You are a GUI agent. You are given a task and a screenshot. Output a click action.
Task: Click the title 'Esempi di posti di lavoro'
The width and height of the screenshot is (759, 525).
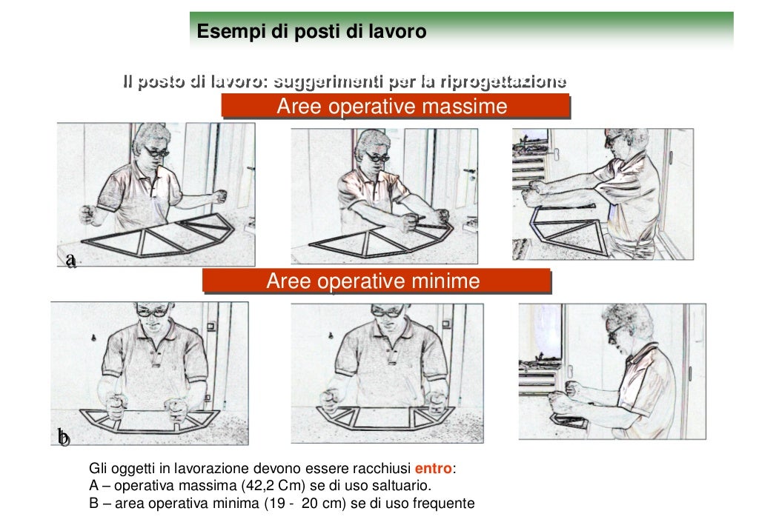click(x=311, y=33)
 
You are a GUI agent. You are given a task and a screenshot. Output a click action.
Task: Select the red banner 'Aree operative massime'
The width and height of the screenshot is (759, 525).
click(x=392, y=107)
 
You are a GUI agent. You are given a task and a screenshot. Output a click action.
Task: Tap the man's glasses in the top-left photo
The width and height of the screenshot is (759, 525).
click(x=156, y=152)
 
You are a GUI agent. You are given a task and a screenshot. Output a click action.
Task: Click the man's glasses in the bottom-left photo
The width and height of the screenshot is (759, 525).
click(x=153, y=312)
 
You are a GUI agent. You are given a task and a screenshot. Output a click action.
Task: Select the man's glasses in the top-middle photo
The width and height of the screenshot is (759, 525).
click(x=377, y=156)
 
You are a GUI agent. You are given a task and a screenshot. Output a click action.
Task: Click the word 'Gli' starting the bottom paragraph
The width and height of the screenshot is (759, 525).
click(x=98, y=469)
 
